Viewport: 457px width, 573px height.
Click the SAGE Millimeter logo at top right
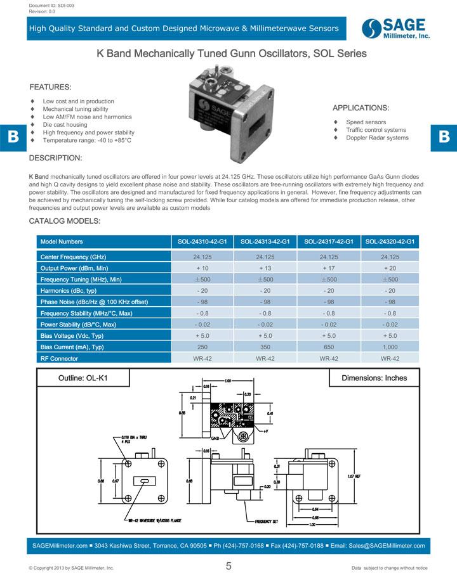(x=396, y=29)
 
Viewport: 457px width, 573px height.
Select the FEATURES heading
(x=51, y=87)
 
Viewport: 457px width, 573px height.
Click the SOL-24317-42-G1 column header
(x=329, y=241)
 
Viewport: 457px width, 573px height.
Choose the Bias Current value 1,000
(x=390, y=347)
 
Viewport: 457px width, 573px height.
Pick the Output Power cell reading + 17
(x=328, y=269)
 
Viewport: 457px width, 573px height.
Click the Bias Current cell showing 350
(x=265, y=347)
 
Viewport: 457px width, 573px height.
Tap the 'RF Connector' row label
(x=59, y=359)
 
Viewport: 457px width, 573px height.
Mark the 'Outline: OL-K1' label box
(x=83, y=378)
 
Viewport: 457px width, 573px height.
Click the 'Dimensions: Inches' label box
(x=374, y=378)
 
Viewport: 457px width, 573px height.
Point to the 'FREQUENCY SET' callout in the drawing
(x=267, y=521)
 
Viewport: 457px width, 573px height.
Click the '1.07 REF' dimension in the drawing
(x=355, y=476)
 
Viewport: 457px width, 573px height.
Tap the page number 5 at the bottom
(x=228, y=566)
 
